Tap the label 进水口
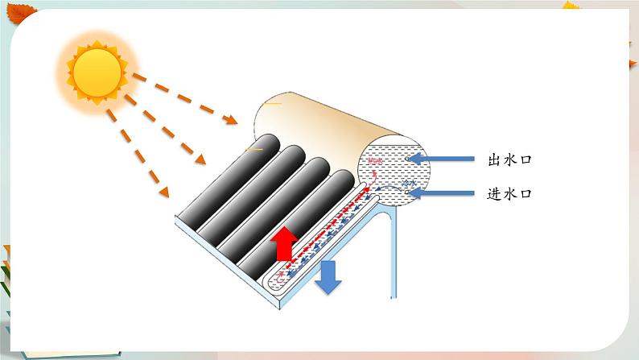coord(510,194)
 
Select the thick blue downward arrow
coord(328,277)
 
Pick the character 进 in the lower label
coord(494,194)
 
